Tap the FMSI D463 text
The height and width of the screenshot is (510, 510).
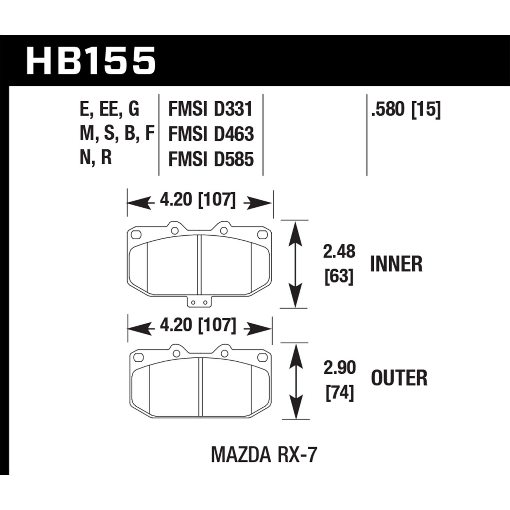point(211,134)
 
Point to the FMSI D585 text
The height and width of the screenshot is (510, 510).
point(211,159)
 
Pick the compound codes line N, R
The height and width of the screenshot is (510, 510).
point(96,159)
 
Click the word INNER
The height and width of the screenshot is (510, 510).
point(396,264)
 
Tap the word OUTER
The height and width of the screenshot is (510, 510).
point(399,378)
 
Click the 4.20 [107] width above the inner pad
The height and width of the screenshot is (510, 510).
point(197,201)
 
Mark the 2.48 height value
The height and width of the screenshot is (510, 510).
point(339,252)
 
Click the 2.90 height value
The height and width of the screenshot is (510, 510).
point(339,368)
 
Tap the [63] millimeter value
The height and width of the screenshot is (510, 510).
point(339,277)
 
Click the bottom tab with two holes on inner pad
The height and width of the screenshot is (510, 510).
point(199,302)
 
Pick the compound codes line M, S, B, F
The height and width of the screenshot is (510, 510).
point(117,134)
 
